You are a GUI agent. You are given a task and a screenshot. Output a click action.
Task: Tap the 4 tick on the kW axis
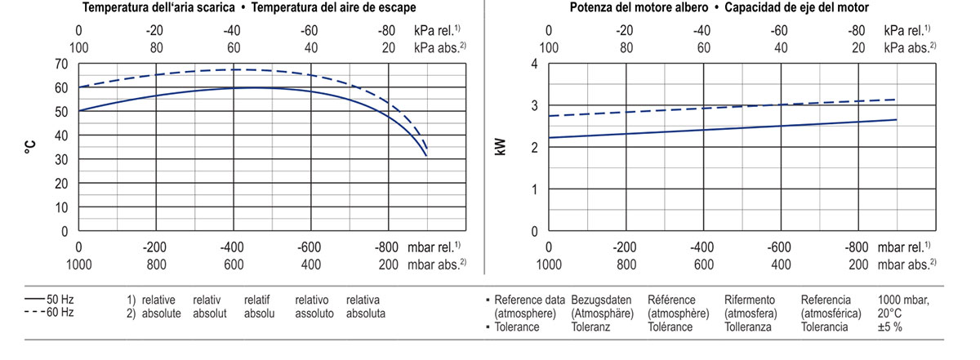[x=533, y=64]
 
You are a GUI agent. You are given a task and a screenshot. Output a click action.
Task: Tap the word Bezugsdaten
[x=602, y=300]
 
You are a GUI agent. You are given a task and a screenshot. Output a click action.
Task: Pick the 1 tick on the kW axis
[x=533, y=189]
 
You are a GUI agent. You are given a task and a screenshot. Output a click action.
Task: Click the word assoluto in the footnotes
[x=314, y=313]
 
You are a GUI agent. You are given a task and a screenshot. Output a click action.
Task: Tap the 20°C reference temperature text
[x=890, y=313]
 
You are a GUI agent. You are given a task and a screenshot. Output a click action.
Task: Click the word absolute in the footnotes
[x=161, y=313]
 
